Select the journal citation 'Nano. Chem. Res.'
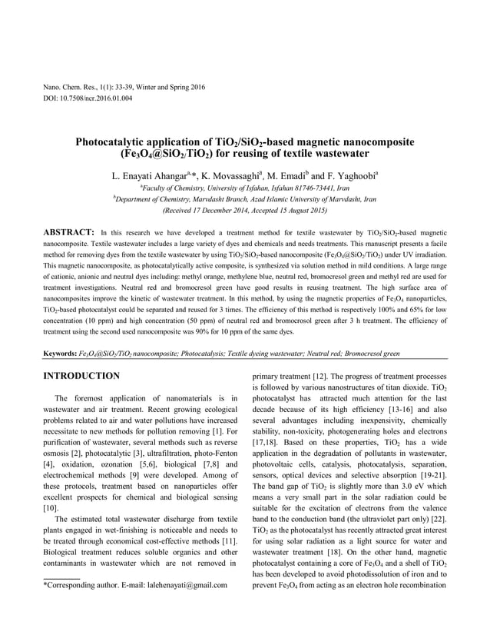(70, 88)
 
